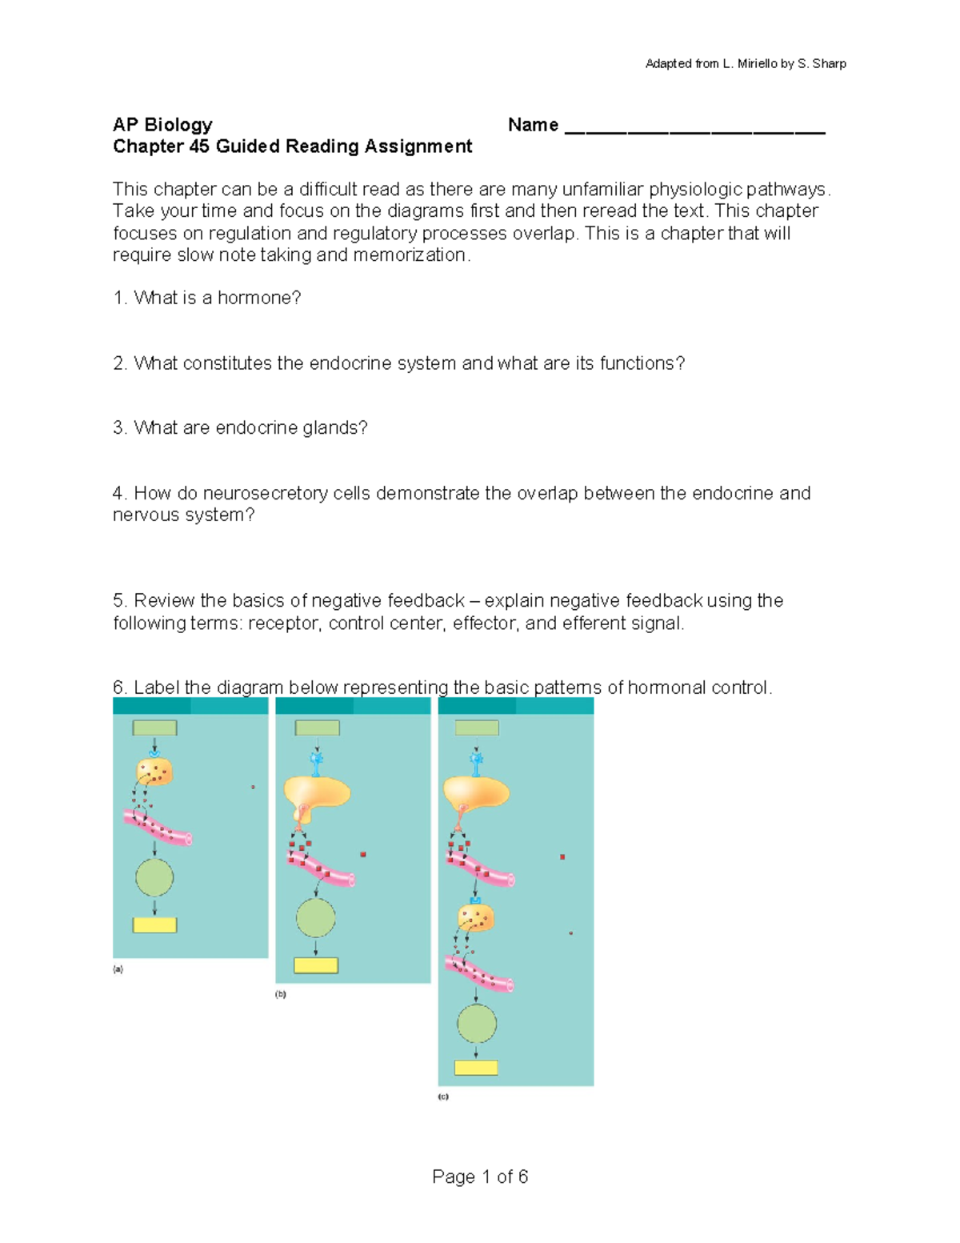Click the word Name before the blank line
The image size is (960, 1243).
click(533, 125)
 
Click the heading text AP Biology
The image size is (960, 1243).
click(162, 125)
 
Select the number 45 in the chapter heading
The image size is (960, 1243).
click(199, 146)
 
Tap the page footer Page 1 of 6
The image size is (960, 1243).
click(480, 1177)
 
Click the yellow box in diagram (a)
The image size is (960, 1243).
click(154, 925)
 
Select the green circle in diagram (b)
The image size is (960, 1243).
click(316, 917)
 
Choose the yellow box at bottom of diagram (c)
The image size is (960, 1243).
click(476, 1068)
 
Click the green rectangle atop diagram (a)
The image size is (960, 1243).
click(154, 728)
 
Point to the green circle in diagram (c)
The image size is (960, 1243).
click(477, 1023)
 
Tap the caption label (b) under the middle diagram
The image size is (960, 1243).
click(281, 994)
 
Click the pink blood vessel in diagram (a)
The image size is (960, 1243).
click(158, 827)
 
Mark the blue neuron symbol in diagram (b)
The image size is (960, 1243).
click(317, 762)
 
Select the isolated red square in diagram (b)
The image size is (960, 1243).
click(363, 855)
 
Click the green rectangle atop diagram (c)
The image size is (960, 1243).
click(477, 728)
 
